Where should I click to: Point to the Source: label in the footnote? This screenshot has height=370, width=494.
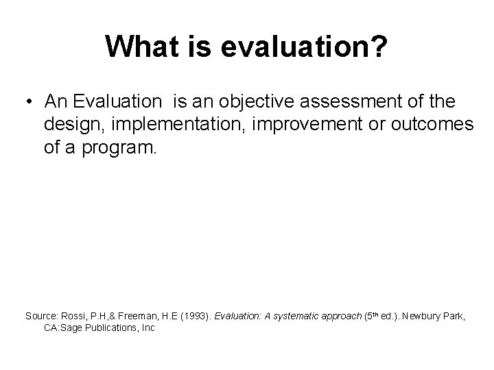click(x=42, y=316)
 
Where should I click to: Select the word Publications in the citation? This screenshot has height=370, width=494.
click(x=118, y=328)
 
